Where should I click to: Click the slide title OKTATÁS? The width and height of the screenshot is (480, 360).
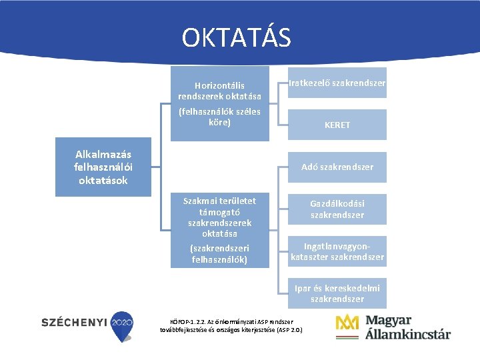tap(237, 37)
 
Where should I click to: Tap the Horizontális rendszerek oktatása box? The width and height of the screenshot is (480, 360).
tap(219, 91)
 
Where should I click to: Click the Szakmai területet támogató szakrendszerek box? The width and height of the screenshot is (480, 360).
tap(219, 217)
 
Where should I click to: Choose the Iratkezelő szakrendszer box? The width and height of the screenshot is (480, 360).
tap(337, 83)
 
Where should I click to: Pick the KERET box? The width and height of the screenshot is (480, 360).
tap(337, 125)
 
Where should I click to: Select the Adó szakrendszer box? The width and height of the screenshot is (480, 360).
tap(337, 167)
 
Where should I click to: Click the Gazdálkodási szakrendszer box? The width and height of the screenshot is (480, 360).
tap(337, 209)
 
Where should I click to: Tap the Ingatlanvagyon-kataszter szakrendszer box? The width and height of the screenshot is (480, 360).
tap(337, 251)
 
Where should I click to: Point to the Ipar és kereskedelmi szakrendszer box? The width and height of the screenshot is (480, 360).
tap(337, 293)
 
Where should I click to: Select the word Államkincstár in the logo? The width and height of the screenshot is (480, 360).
tap(407, 334)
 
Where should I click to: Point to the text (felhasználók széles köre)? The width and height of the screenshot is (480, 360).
tap(219, 117)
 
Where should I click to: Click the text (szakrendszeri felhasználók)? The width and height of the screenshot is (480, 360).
tap(219, 254)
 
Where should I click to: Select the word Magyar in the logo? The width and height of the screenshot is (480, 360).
tap(388, 320)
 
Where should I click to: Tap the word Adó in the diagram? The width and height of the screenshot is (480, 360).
tap(309, 167)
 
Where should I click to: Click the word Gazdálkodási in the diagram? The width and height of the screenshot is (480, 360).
tap(337, 203)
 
